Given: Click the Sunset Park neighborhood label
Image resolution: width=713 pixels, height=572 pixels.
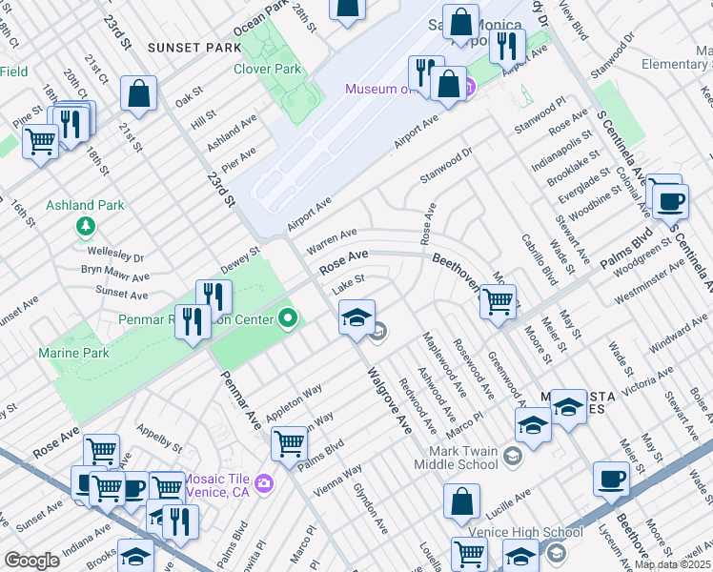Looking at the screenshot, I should pyautogui.click(x=189, y=48).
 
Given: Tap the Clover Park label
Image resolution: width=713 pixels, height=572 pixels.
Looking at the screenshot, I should pyautogui.click(x=268, y=69).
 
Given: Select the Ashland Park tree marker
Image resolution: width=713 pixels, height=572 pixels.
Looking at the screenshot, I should pyautogui.click(x=86, y=226).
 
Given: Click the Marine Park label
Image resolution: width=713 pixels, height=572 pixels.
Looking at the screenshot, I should pyautogui.click(x=73, y=354).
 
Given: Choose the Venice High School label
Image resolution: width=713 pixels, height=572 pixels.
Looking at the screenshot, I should pyautogui.click(x=525, y=532).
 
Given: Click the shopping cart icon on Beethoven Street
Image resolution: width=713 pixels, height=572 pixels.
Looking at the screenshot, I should pyautogui.click(x=498, y=302).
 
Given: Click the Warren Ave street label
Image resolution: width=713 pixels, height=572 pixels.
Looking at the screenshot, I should pyautogui.click(x=332, y=238).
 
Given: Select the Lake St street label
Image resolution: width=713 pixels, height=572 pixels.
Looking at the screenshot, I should pyautogui.click(x=344, y=288).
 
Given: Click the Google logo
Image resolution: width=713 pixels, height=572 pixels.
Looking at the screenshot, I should pyautogui.click(x=31, y=561).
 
